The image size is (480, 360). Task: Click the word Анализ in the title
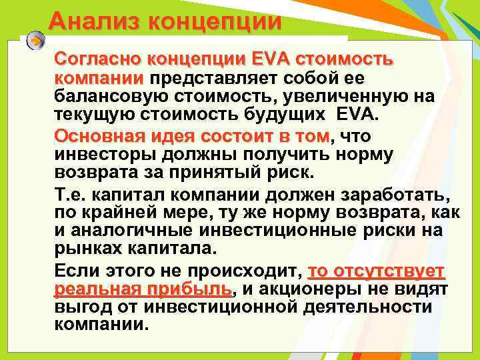93,21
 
